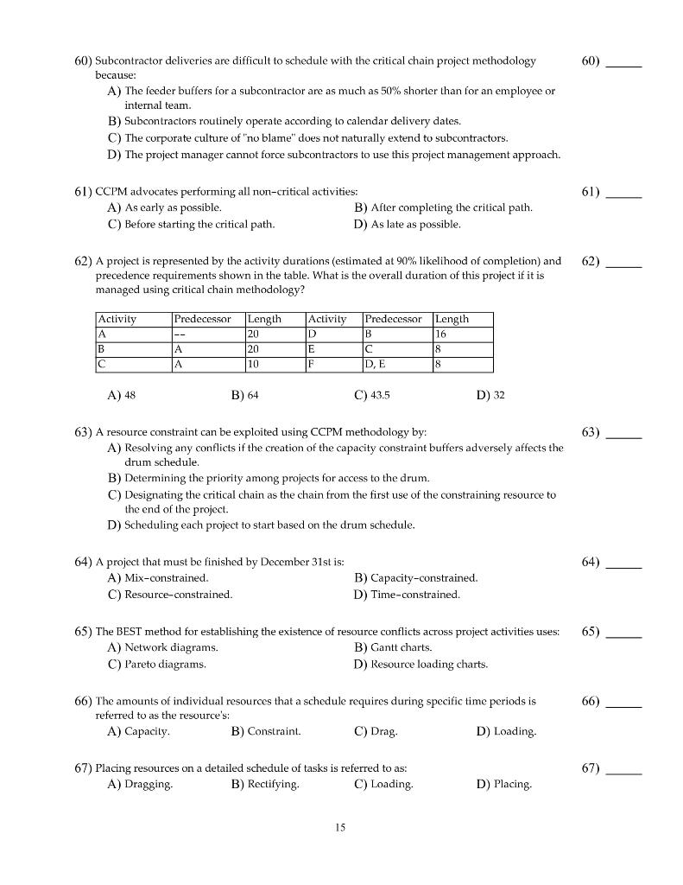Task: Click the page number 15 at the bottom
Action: (340, 827)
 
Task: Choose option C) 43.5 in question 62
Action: (372, 395)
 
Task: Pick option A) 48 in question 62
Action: (122, 395)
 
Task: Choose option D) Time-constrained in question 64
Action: (407, 595)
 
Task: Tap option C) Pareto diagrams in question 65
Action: (156, 665)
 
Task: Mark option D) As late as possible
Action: (407, 225)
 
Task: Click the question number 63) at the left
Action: (83, 431)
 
